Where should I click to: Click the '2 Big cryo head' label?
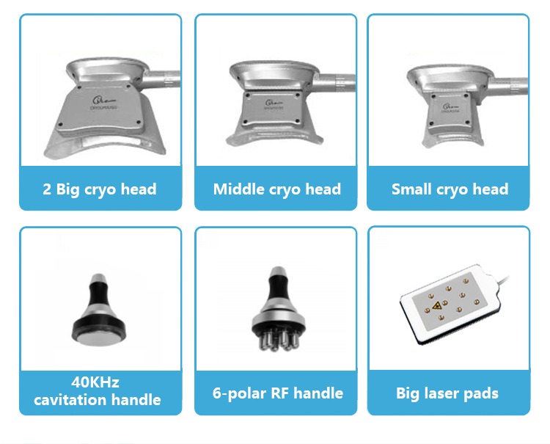(100, 189)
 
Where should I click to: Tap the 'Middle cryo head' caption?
(276, 189)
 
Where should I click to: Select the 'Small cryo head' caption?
(450, 189)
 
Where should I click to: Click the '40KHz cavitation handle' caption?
(100, 391)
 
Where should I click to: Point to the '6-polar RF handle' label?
(276, 393)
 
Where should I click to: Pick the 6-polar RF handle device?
(276, 308)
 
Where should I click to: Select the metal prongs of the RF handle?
(276, 336)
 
